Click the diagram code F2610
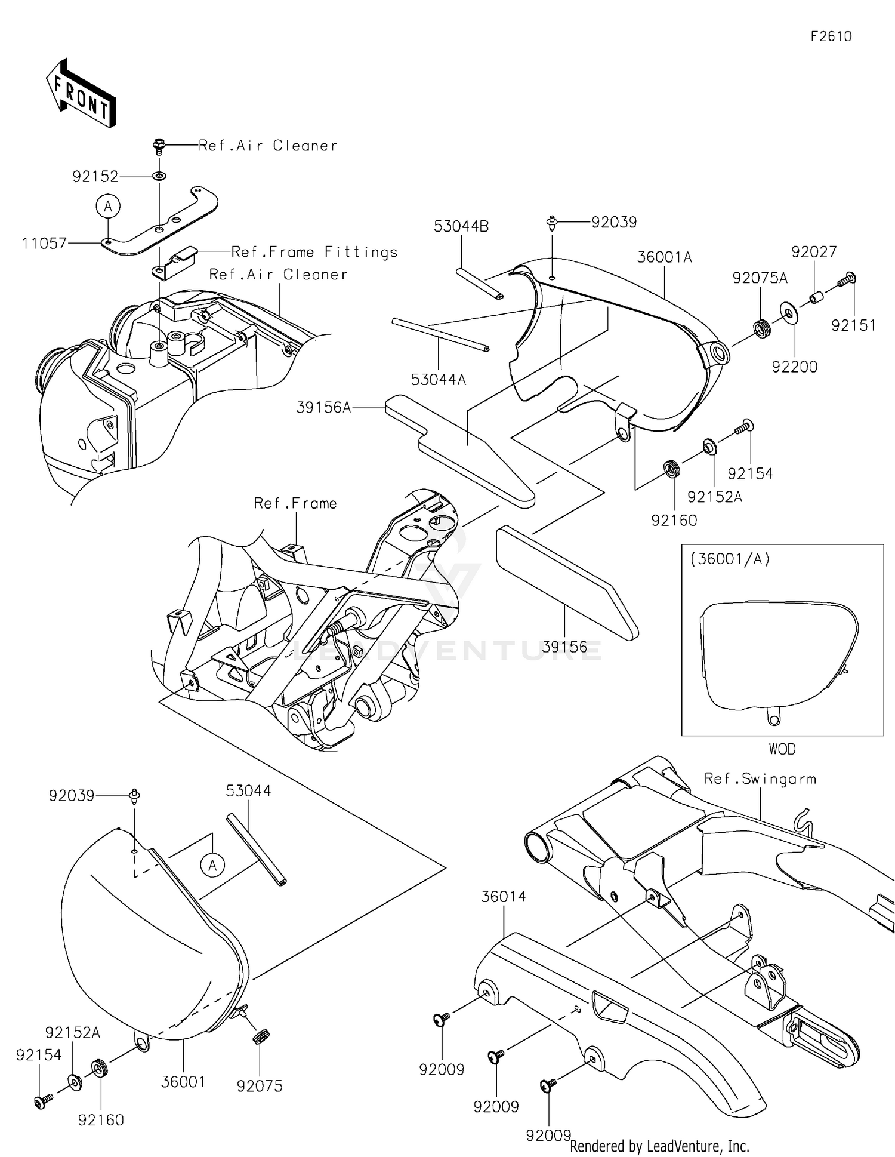[x=831, y=36]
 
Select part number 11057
[x=44, y=244]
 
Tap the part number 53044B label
[x=461, y=226]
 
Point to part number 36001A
[x=664, y=257]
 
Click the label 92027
[x=814, y=252]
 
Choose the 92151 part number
[x=853, y=325]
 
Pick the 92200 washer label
[x=795, y=367]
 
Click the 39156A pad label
[x=323, y=408]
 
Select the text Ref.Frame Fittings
[x=314, y=253]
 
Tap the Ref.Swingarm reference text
[x=760, y=779]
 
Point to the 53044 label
[x=248, y=791]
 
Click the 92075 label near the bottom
[x=260, y=1087]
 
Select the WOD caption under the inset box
[x=782, y=749]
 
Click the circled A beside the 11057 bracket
[x=108, y=207]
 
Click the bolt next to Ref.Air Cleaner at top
[x=159, y=144]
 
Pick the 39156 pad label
[x=564, y=647]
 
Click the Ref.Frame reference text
[x=295, y=504]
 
